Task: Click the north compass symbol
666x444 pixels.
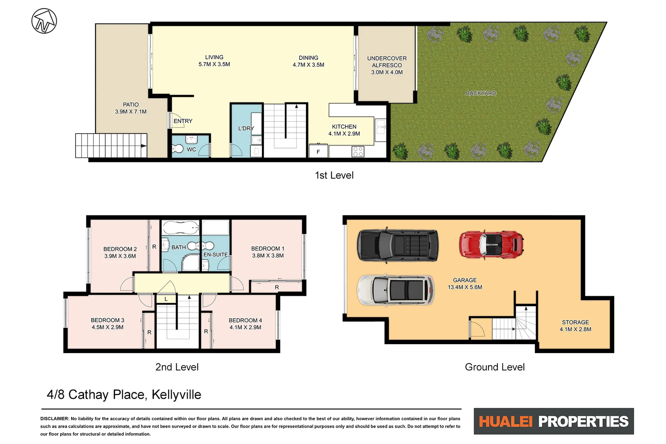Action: pos(44,21)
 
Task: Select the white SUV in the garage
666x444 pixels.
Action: pos(396,290)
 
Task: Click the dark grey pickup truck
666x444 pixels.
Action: pos(398,245)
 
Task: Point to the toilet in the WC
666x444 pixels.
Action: pos(178,149)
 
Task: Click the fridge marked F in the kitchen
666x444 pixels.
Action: pos(318,151)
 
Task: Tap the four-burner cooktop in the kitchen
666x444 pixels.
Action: pos(358,152)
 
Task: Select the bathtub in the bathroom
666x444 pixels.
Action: pos(180,227)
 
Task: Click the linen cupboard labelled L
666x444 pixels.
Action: pos(166,299)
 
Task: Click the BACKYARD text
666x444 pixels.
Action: pos(481,93)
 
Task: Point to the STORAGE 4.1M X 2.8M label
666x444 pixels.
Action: pos(575,326)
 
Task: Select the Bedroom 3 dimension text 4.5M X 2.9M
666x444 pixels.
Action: pos(107,327)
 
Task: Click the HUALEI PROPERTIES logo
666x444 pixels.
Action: pos(553,421)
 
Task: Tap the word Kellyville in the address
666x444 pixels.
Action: pos(176,395)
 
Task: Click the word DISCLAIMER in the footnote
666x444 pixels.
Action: pos(55,419)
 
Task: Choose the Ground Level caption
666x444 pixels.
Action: pos(495,367)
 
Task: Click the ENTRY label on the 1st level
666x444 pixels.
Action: pos(183,121)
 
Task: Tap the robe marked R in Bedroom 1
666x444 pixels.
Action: pos(277,287)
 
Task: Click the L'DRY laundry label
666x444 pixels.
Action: pos(246,128)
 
